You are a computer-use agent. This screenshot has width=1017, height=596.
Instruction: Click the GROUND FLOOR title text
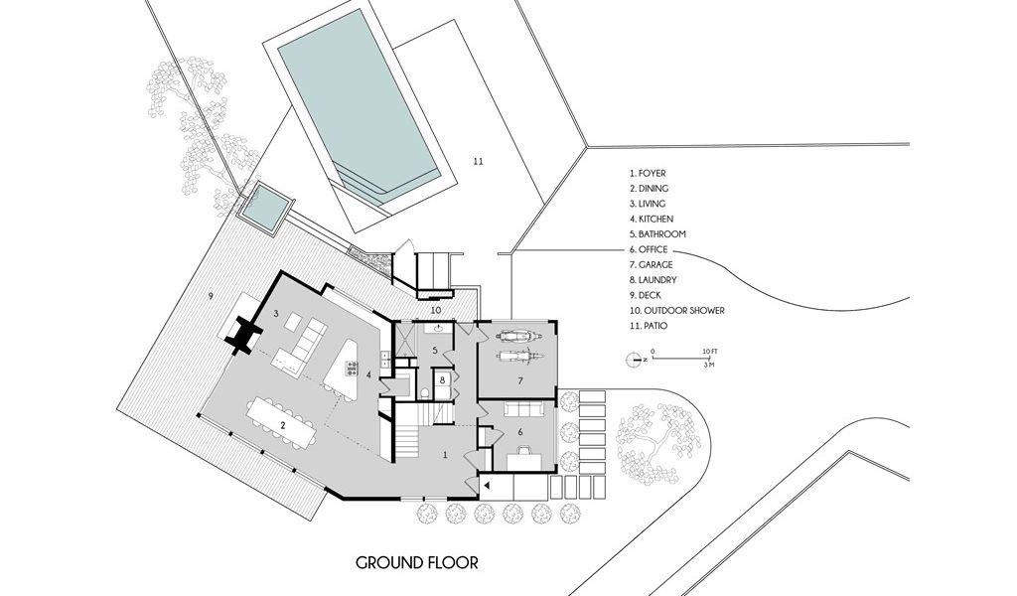(x=416, y=562)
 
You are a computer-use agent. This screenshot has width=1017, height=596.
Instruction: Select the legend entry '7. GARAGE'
(x=651, y=264)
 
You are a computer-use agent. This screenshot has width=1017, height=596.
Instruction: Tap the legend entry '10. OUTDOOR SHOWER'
(x=676, y=311)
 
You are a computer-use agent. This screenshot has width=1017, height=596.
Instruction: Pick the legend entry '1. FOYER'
(x=648, y=173)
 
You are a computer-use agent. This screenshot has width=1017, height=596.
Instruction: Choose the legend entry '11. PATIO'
(x=648, y=326)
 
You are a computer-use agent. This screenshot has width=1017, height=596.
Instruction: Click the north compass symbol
(x=633, y=359)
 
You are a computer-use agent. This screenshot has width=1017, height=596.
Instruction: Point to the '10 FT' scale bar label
(x=709, y=351)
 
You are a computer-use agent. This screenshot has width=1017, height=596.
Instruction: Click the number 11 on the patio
(x=478, y=162)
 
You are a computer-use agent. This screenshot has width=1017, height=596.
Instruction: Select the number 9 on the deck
(x=211, y=296)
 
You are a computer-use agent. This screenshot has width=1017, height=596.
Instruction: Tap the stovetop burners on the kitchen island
(x=352, y=369)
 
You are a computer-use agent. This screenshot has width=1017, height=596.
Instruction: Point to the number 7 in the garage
(x=520, y=381)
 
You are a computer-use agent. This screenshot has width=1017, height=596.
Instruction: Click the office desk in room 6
(x=523, y=460)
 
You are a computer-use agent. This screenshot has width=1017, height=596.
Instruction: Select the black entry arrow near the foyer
(x=485, y=485)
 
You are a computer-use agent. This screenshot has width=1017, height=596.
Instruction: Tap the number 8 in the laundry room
(x=443, y=380)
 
